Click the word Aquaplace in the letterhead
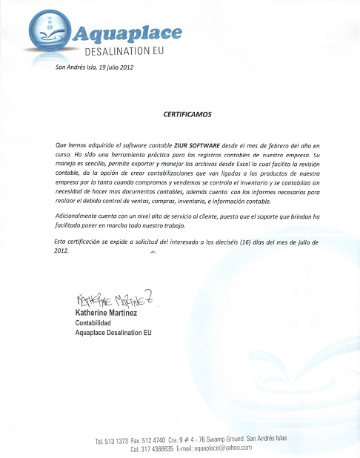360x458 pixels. (x=127, y=33)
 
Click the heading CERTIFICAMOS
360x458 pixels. (x=187, y=115)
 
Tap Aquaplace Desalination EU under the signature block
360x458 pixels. (x=113, y=333)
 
